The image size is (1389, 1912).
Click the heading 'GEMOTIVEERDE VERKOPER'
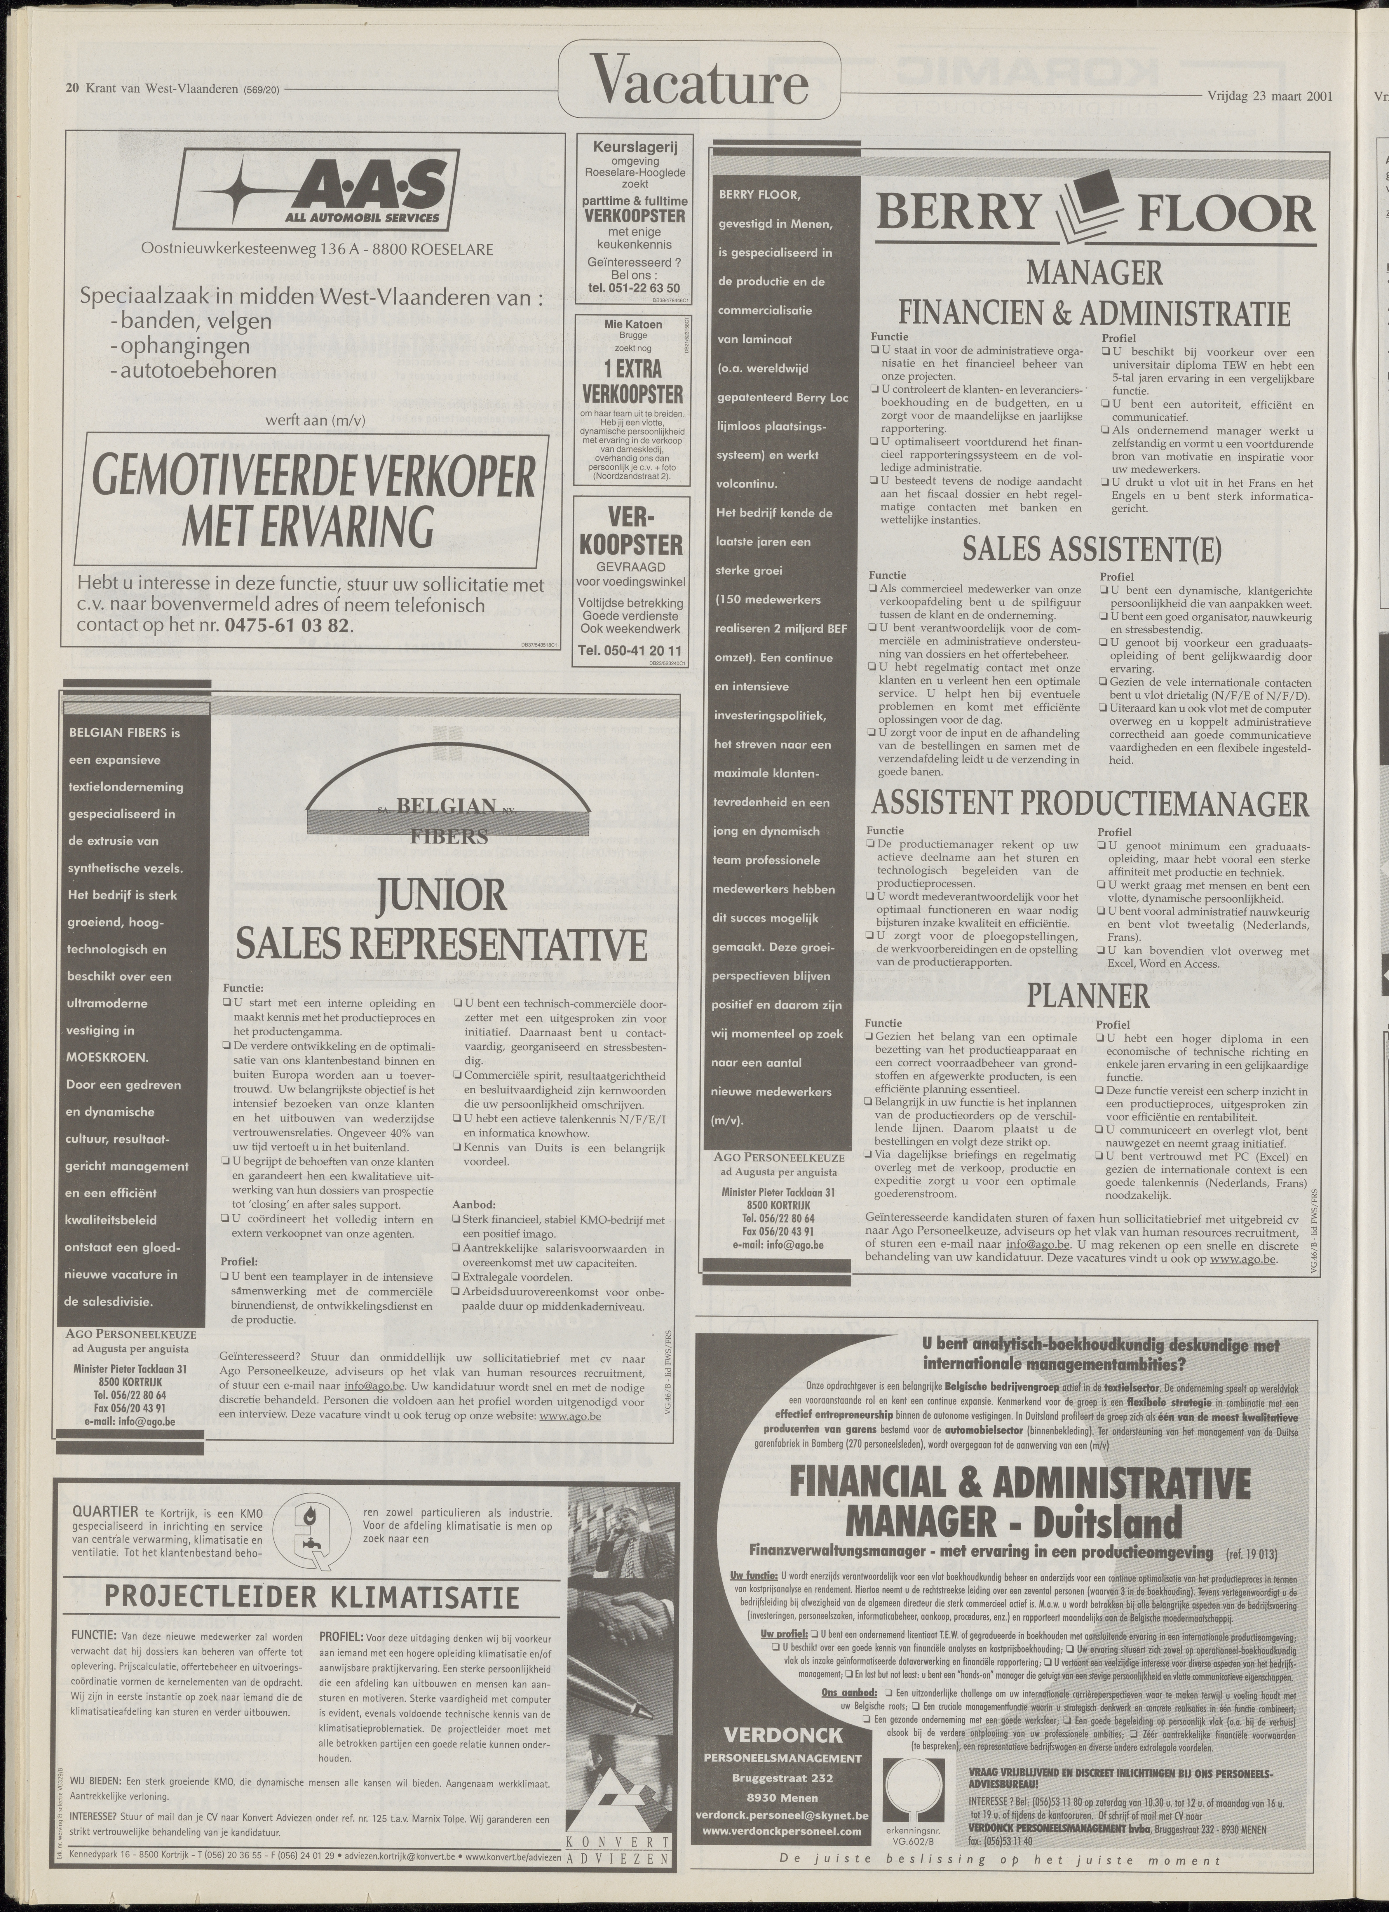tap(313, 479)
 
